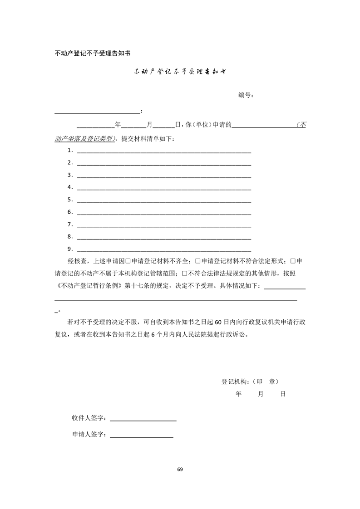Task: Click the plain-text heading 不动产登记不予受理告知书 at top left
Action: pos(93,53)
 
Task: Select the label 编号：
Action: pos(246,95)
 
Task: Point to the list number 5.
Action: pos(70,200)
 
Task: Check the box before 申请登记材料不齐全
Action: pos(128,261)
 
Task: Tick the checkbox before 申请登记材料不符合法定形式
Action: pos(197,261)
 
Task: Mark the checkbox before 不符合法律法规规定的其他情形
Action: pos(184,274)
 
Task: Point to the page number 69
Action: pos(180,469)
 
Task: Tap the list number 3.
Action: pos(70,175)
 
